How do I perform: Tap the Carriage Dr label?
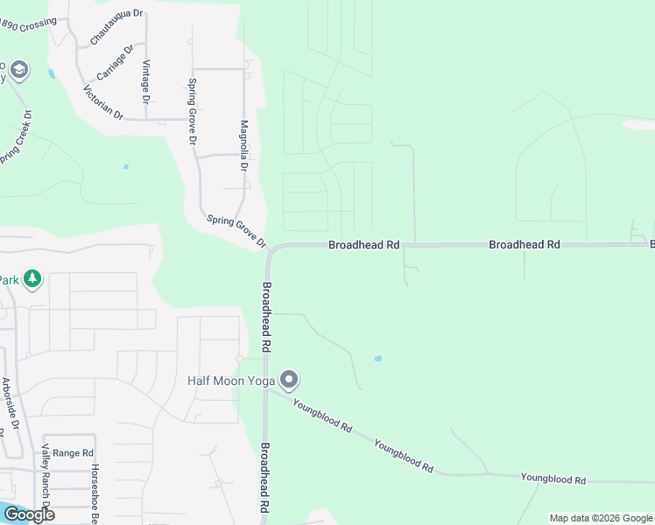(x=115, y=62)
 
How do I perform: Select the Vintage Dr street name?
(x=146, y=80)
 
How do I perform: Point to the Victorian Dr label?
(x=103, y=102)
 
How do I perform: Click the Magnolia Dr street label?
(x=244, y=145)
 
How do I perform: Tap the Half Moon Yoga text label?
(x=231, y=381)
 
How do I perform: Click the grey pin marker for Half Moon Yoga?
(x=290, y=380)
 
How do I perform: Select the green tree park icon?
(x=32, y=279)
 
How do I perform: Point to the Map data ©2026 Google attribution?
(x=600, y=518)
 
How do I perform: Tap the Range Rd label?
(x=73, y=452)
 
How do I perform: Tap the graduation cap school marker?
(x=19, y=69)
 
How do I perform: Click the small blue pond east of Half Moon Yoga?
(x=377, y=359)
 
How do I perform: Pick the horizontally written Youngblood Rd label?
(x=553, y=479)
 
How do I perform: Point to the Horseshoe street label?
(x=94, y=494)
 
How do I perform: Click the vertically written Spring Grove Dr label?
(x=192, y=111)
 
